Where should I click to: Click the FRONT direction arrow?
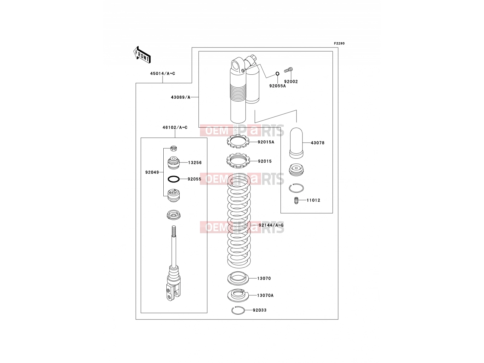(142, 55)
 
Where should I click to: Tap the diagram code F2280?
(339, 44)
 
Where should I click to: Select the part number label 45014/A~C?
(163, 74)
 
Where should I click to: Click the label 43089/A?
(181, 97)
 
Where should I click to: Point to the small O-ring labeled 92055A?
(278, 74)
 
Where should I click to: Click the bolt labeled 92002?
(288, 70)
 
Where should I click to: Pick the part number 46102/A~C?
(175, 127)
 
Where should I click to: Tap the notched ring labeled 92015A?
(238, 141)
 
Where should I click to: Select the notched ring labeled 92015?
(238, 160)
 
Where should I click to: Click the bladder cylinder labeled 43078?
(296, 143)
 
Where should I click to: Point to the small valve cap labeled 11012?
(296, 200)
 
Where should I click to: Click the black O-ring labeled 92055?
(174, 179)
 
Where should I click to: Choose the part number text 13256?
(195, 163)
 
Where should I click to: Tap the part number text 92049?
(152, 172)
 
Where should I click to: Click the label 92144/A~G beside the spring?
(271, 225)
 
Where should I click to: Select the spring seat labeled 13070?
(238, 278)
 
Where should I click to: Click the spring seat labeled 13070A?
(238, 295)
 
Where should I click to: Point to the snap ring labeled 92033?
(238, 310)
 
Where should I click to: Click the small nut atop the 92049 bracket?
(174, 148)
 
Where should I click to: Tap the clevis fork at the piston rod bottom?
(174, 292)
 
